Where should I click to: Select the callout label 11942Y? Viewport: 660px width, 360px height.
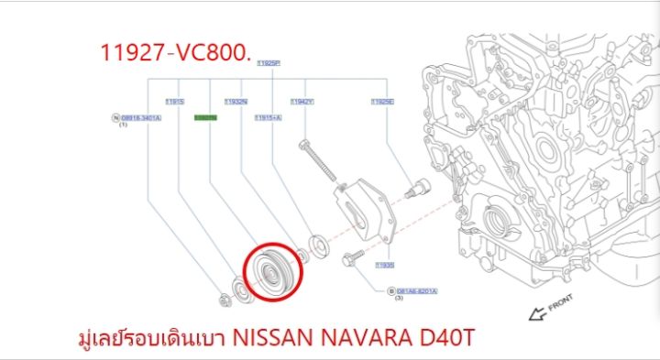[302, 102]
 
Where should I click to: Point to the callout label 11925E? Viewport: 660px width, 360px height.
[382, 102]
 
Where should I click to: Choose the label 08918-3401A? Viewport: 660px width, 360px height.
[140, 118]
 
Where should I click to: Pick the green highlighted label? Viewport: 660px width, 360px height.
[203, 118]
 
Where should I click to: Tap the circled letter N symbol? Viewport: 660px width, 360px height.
[115, 118]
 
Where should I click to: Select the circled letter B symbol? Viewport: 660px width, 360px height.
[389, 290]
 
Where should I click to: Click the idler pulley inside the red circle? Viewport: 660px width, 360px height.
[270, 271]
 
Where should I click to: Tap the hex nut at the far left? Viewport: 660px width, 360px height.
[225, 299]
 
